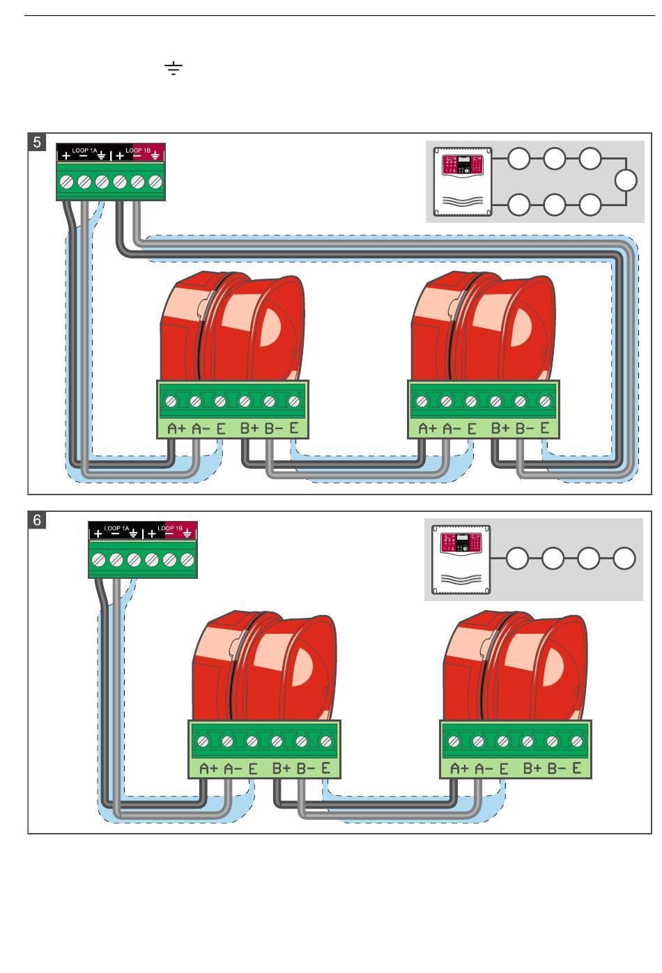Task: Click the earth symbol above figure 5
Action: coord(174,68)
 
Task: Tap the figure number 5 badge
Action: coord(38,143)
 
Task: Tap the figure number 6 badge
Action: coord(38,520)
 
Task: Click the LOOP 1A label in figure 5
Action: coord(85,150)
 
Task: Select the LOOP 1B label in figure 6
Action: coord(170,528)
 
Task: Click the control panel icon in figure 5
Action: coord(462,181)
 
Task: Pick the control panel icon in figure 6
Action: coord(461,559)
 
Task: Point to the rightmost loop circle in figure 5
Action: coord(626,181)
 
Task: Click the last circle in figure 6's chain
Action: coord(624,559)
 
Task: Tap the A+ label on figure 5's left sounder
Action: coord(176,429)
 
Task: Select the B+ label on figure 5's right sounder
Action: coord(500,429)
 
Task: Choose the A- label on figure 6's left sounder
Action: coord(233,769)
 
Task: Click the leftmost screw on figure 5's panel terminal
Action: coord(67,182)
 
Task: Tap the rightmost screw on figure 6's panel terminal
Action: coord(187,559)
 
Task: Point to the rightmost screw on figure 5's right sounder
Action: coord(545,401)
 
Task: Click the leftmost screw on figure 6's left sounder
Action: coord(203,741)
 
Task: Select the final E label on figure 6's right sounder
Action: coord(577,769)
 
